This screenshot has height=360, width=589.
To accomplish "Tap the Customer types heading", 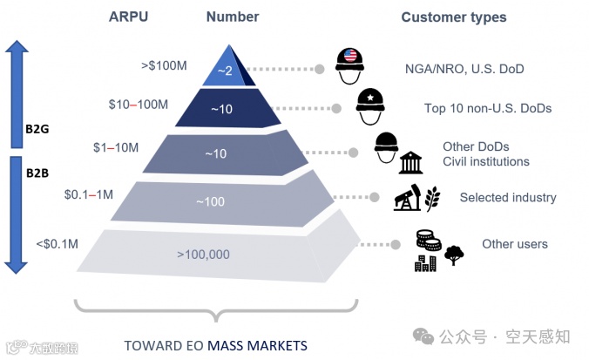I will click(x=453, y=17).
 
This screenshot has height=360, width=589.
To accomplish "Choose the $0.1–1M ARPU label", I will click(x=88, y=194).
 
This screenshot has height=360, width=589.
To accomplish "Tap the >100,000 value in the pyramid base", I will click(x=203, y=255).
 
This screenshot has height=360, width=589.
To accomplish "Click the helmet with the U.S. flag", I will click(x=351, y=63).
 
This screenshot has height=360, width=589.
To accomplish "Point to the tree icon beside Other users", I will click(x=454, y=255).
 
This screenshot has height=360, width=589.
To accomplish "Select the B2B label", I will click(x=37, y=172).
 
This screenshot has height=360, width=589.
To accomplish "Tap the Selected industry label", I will click(x=508, y=198).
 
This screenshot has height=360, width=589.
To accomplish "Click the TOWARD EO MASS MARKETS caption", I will click(x=215, y=345).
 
